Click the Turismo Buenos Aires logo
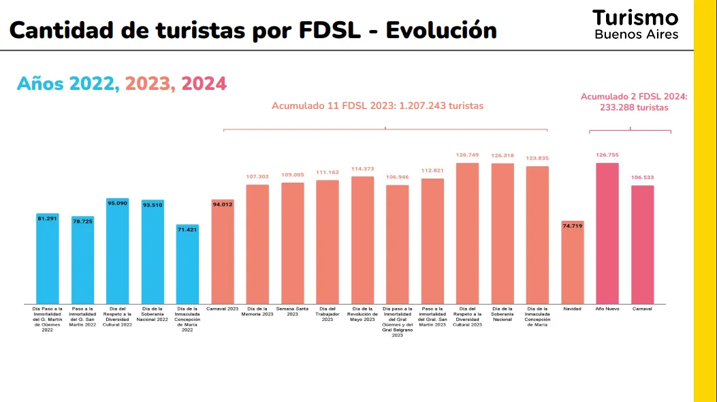coord(635,25)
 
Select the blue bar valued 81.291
coord(48,259)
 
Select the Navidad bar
coord(572,262)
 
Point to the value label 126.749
coord(467,155)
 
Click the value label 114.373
coord(362,169)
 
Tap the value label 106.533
coord(642,178)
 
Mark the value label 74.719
coord(572,226)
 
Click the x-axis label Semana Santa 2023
coord(293,311)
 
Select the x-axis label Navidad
coord(572,309)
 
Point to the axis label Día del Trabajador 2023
coord(328,314)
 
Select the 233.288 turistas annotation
coord(634,108)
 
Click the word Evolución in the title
coord(441,31)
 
